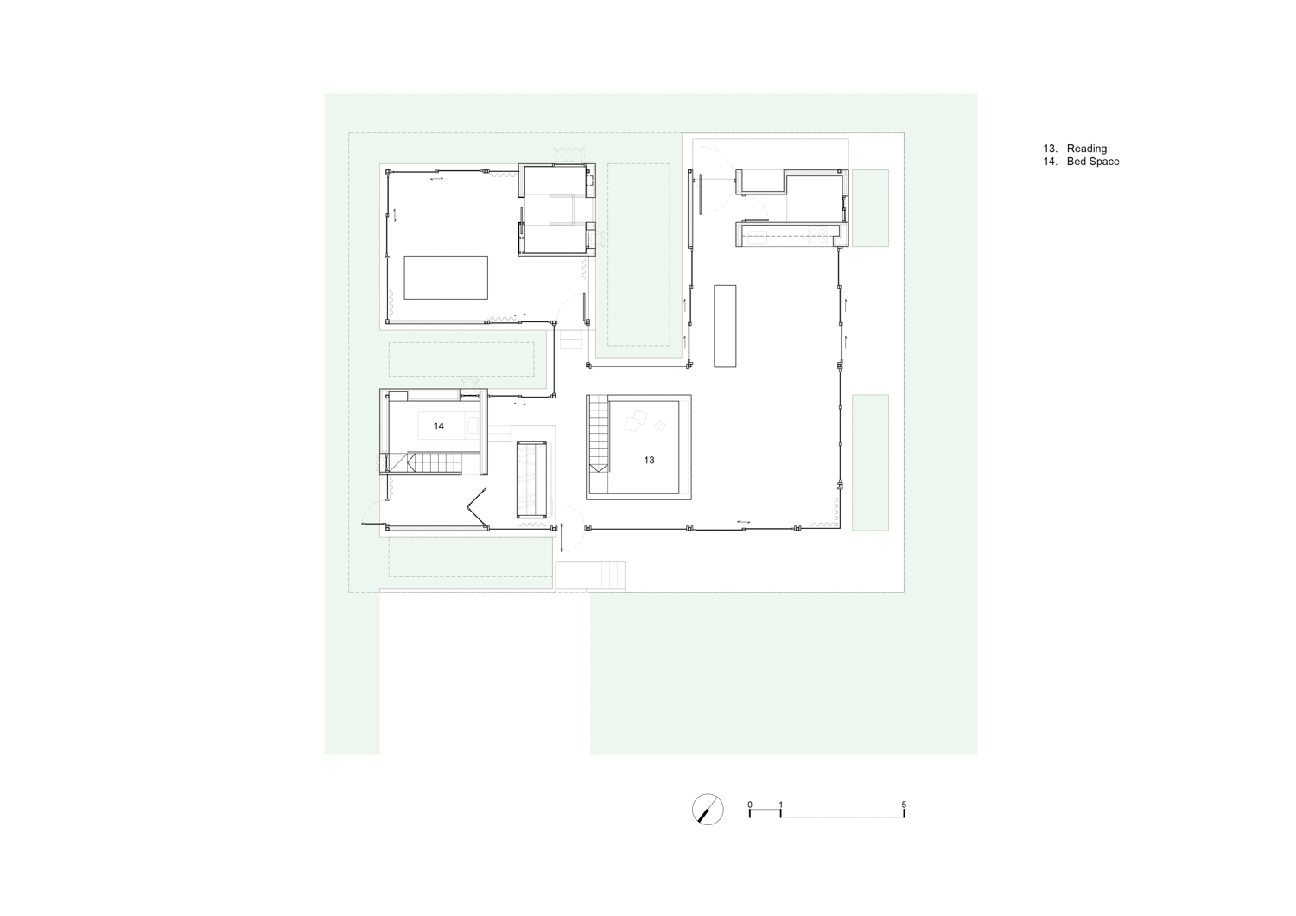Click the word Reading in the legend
[x=1087, y=149]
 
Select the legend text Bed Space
[x=1093, y=162]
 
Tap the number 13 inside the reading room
[x=649, y=460]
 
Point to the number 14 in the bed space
[x=439, y=427]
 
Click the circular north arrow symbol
[x=708, y=809]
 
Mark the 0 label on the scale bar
[x=750, y=805]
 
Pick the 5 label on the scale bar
[x=904, y=805]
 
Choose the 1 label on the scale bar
[x=780, y=805]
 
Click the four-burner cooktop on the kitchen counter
[x=817, y=236]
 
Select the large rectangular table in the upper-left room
[x=446, y=277]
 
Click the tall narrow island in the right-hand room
[x=725, y=326]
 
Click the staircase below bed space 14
[x=434, y=463]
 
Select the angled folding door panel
[x=477, y=507]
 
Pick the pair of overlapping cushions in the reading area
[x=635, y=421]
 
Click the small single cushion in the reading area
[x=660, y=426]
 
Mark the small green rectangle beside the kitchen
[x=870, y=208]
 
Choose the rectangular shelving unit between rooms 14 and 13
[x=531, y=479]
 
